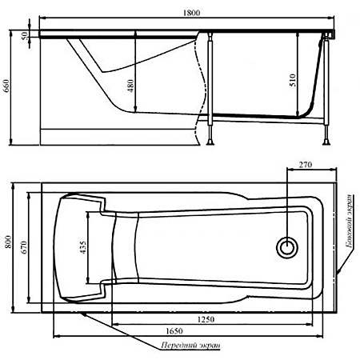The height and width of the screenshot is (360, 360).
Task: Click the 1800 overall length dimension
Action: pos(191,13)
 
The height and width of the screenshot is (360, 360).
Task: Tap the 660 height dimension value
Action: pos(6,86)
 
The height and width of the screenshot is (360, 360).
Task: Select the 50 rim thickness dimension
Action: pos(24,35)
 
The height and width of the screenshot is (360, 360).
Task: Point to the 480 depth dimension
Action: pos(130,86)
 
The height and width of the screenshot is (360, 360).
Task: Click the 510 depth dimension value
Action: pos(293,80)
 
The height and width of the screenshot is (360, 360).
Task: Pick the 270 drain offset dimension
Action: pos(305,165)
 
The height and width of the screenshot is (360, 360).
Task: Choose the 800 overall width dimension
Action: pos(8,242)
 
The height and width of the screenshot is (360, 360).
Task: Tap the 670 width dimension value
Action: pos(24,247)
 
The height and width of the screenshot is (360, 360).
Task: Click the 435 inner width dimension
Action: pos(83,247)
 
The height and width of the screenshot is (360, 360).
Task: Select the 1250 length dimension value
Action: pos(206,319)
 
